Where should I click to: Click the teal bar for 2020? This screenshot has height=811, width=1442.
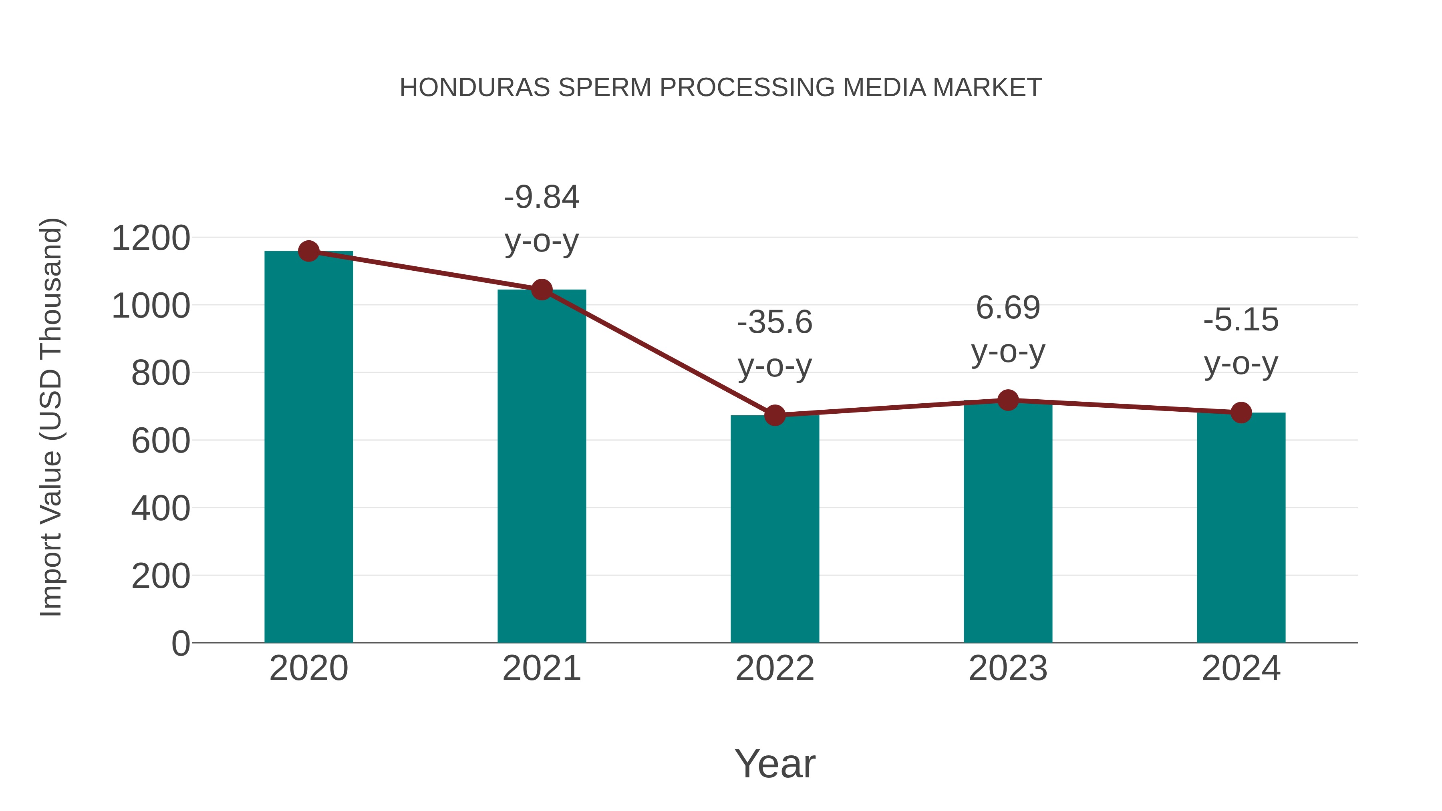coord(308,448)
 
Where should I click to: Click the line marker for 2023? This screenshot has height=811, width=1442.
coord(1008,400)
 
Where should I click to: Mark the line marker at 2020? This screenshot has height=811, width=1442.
coord(308,251)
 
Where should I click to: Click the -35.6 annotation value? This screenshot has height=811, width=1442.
coord(775,322)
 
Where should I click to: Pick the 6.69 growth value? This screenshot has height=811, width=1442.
coord(1008,308)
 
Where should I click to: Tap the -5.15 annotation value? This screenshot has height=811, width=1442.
coord(1241,320)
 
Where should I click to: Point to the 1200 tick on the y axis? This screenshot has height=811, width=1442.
coord(151,238)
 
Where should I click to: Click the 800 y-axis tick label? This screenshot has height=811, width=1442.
coord(161,373)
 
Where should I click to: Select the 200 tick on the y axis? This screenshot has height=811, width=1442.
coord(161,576)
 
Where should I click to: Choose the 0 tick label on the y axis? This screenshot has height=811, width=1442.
coord(181,644)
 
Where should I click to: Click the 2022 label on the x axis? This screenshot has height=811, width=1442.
coord(775,668)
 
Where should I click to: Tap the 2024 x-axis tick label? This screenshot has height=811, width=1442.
coord(1241,668)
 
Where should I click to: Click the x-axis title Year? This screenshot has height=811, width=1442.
coord(775,763)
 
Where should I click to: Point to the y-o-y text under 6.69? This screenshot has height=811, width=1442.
coord(1008,352)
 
